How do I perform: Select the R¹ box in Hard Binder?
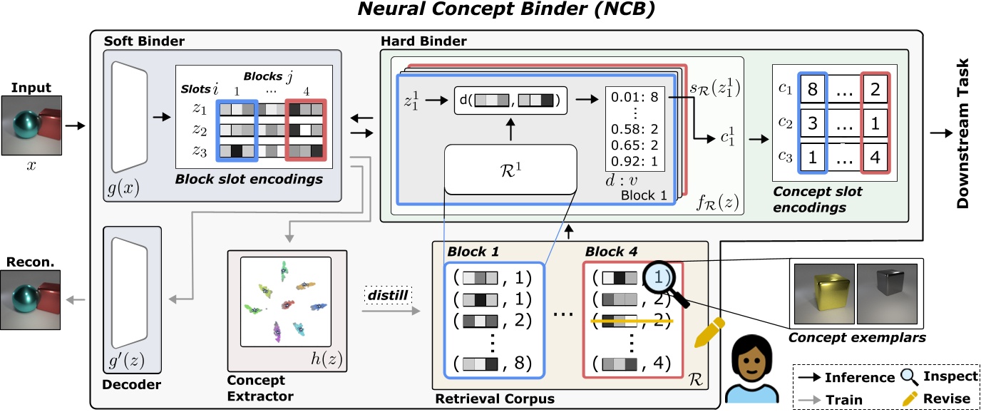point(510,169)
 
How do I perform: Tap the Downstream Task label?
point(962,133)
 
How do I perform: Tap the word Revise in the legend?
point(947,399)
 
